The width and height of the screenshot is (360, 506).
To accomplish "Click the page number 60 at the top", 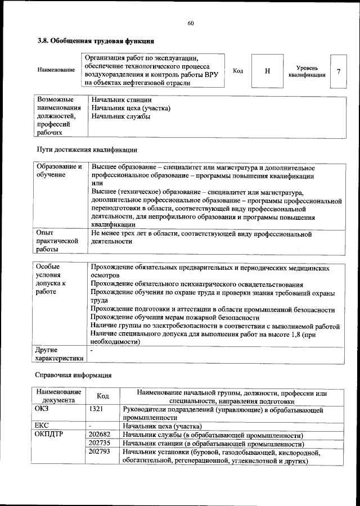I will point(191,23).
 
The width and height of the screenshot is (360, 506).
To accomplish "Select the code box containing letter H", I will point(267,71).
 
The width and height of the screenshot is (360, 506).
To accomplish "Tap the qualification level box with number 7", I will point(338,71).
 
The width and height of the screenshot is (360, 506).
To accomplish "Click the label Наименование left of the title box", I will point(56,70).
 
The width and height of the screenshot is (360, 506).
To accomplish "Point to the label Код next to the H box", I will point(237,71).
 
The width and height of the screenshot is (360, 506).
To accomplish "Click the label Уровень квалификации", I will point(307,71).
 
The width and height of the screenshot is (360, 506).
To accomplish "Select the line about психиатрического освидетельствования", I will point(197,285).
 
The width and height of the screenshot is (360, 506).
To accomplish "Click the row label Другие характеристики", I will point(59,354).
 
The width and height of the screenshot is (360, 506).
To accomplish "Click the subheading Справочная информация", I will point(74,374).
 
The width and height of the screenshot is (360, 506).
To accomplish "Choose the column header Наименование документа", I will point(59,396).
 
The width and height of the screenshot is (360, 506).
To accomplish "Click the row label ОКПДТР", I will point(50,435).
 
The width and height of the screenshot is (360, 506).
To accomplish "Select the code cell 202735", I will point(100,444).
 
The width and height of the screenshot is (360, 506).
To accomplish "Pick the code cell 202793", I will point(100,452).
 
